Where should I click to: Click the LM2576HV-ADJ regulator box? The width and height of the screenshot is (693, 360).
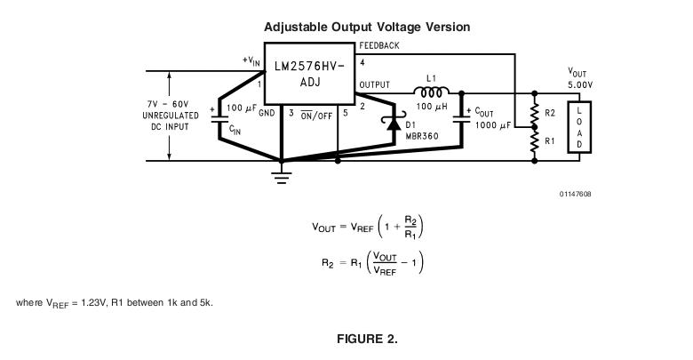(x=310, y=75)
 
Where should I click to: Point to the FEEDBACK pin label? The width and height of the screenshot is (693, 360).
(x=379, y=45)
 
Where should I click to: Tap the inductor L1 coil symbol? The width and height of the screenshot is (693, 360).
(x=431, y=91)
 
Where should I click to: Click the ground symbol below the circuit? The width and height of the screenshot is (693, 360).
(x=282, y=176)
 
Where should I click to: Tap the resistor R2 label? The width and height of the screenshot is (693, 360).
(x=550, y=115)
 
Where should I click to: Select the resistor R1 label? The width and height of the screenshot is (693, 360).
(x=550, y=140)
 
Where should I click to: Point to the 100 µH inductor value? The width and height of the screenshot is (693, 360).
(x=430, y=107)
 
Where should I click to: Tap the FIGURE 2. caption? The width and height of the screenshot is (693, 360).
(x=366, y=340)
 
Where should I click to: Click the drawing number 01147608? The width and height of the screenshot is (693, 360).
(x=575, y=194)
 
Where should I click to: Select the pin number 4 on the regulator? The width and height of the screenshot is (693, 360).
(x=362, y=63)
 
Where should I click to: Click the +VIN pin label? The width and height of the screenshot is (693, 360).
(x=251, y=60)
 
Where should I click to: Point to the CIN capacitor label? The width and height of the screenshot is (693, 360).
(x=235, y=131)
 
